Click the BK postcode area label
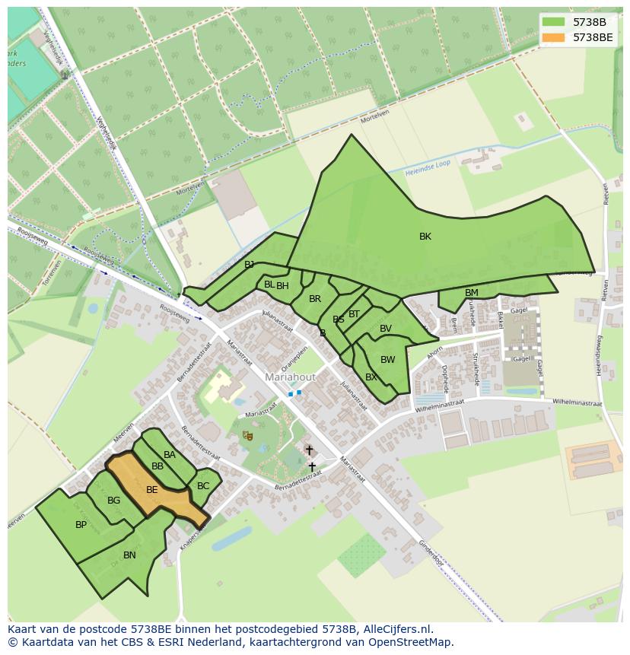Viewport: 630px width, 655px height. [x=425, y=237]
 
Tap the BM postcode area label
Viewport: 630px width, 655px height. [x=472, y=293]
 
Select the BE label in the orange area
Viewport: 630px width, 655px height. [x=152, y=490]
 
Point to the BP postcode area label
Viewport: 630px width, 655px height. [x=81, y=525]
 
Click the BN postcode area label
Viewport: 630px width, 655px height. [x=129, y=555]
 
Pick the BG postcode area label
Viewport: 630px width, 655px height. [x=113, y=501]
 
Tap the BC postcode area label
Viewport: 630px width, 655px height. [x=203, y=486]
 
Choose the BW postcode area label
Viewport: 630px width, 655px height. [x=387, y=360]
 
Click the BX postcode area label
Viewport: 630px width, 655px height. [x=371, y=377]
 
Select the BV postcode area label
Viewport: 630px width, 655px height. [x=386, y=329]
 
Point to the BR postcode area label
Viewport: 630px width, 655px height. [x=315, y=299]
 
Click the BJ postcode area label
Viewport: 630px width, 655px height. [x=249, y=265]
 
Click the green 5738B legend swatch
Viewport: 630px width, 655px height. [x=554, y=22]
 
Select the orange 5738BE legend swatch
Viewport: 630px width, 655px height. [x=554, y=37]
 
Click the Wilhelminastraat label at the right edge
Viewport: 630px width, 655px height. [x=577, y=404]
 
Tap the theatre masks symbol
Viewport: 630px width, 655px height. [x=247, y=436]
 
